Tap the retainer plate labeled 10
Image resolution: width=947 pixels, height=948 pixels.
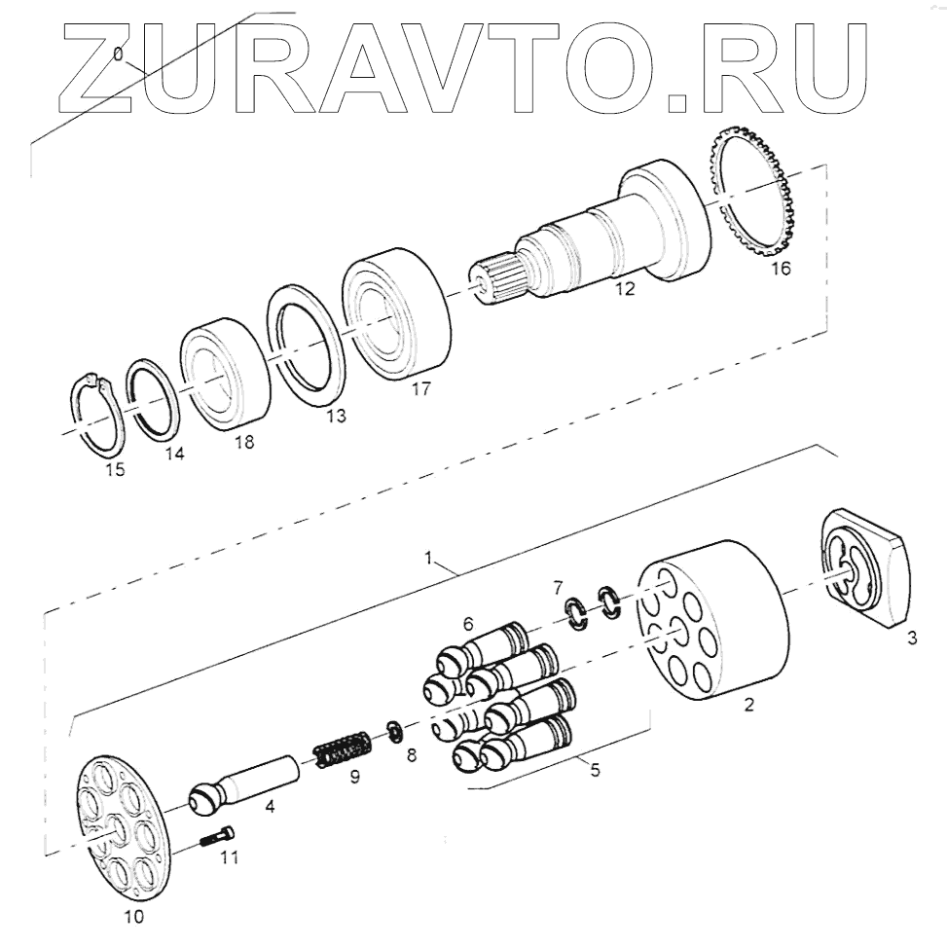pyautogui.click(x=121, y=822)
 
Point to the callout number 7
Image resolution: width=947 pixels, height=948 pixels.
pyautogui.click(x=557, y=588)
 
